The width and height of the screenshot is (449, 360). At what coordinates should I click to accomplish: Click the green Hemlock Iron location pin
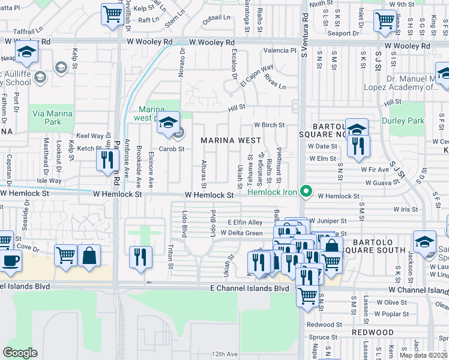306,192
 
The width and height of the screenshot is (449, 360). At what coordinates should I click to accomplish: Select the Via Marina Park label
52,118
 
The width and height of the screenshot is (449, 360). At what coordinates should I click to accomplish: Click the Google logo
20,353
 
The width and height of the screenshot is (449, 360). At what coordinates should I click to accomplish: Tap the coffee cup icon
10,261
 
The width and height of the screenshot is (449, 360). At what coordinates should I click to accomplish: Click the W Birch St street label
268,125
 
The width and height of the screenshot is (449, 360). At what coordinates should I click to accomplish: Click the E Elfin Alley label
245,223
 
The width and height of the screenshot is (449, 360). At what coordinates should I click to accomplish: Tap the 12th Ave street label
225,354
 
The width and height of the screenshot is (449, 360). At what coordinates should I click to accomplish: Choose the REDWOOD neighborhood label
374,332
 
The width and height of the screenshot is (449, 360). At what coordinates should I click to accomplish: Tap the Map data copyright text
423,355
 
